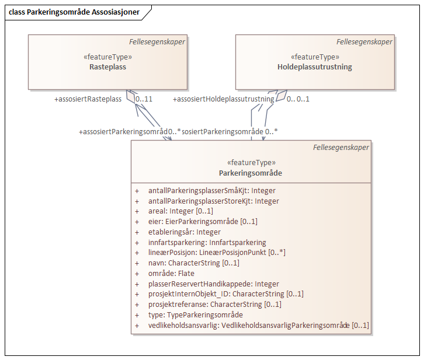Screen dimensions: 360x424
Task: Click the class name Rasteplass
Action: [x=108, y=67]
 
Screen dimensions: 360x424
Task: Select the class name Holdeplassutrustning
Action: [x=315, y=67]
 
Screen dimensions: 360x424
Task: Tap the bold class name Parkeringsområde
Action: [x=251, y=173]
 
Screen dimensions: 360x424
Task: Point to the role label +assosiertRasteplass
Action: [x=88, y=99]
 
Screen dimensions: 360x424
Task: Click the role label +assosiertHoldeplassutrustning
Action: [x=224, y=99]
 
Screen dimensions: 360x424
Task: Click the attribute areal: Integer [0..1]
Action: [x=180, y=211]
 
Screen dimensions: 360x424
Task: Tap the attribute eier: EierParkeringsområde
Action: [x=203, y=222]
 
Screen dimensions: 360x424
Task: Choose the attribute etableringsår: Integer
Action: [x=185, y=232]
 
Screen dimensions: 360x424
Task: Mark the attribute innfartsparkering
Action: [x=207, y=242]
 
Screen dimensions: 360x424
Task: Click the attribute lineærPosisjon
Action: [x=217, y=253]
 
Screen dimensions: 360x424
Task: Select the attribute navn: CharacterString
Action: [x=194, y=263]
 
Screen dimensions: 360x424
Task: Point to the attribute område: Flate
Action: [x=171, y=273]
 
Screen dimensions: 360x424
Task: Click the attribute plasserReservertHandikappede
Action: [x=213, y=284]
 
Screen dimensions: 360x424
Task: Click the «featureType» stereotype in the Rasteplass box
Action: [x=108, y=57]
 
